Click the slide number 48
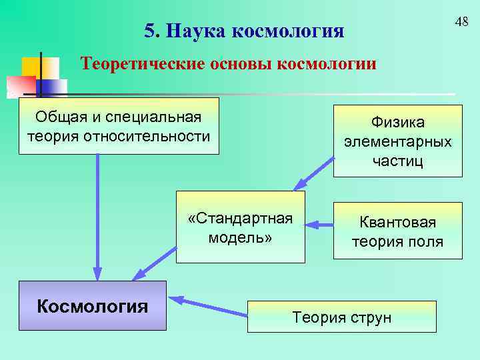[461, 23]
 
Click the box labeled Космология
[93, 306]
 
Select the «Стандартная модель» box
[241, 227]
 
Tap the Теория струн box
[341, 317]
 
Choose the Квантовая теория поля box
[397, 231]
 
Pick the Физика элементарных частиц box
[397, 141]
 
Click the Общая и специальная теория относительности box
[119, 126]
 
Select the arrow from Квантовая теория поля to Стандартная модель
[323, 225]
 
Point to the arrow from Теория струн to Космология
[207, 306]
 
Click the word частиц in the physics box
[397, 161]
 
